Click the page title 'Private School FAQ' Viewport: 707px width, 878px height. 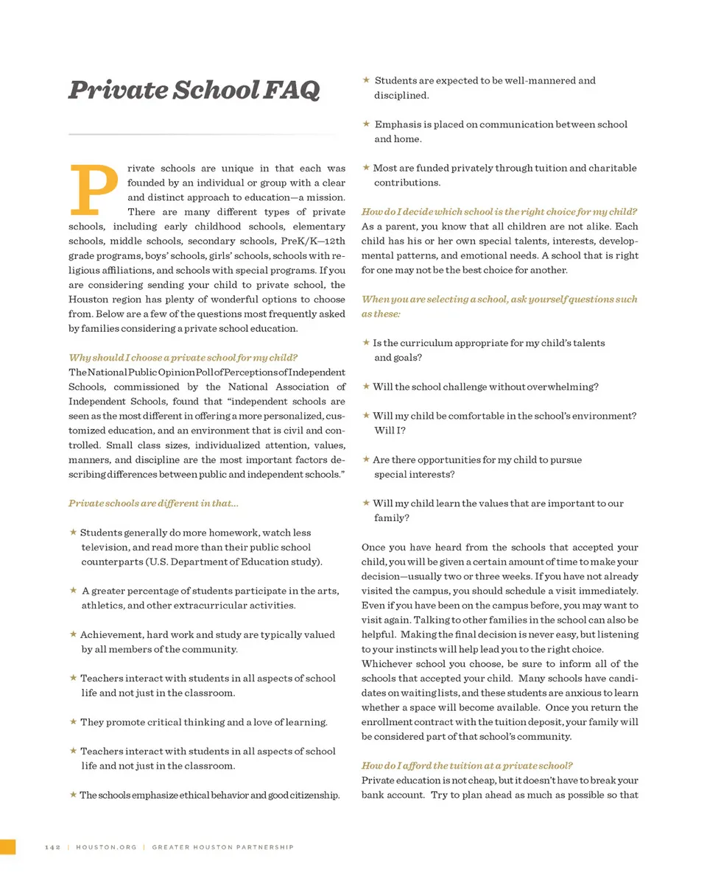pyautogui.click(x=194, y=91)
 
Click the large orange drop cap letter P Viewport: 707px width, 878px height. pyautogui.click(x=94, y=188)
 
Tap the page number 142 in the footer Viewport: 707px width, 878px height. pyautogui.click(x=52, y=847)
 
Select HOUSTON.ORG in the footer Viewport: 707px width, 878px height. pyautogui.click(x=106, y=847)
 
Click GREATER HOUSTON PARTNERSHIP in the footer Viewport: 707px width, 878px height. pyautogui.click(x=222, y=847)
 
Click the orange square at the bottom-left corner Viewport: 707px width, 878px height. pyautogui.click(x=7, y=846)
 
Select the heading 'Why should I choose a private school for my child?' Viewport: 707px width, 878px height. pyautogui.click(x=183, y=358)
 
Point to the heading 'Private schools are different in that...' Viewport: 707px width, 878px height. pyautogui.click(x=153, y=503)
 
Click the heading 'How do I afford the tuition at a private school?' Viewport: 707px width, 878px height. pyautogui.click(x=467, y=765)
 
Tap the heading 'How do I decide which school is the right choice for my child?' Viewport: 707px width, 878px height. pyautogui.click(x=499, y=212)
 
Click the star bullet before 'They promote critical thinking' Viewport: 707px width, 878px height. pyautogui.click(x=73, y=722)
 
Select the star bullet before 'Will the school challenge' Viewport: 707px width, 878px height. pyautogui.click(x=366, y=386)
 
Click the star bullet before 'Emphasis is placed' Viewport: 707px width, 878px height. pyautogui.click(x=366, y=124)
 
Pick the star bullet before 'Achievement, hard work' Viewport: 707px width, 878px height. pyautogui.click(x=73, y=634)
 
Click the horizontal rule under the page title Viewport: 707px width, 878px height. pyautogui.click(x=202, y=135)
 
